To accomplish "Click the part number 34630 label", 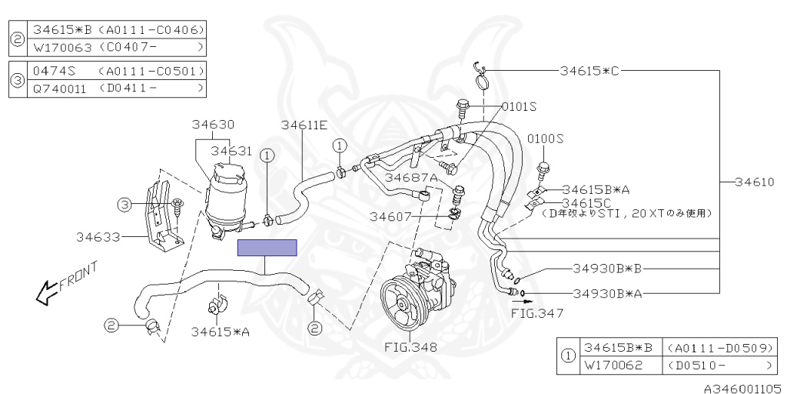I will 213,125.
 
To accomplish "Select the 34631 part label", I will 231,151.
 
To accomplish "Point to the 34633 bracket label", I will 98,236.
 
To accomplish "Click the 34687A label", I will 411,178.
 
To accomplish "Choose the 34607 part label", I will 393,216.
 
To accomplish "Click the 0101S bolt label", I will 519,105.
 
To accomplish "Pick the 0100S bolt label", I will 545,139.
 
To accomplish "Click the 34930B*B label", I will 606,269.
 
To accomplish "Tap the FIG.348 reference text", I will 410,347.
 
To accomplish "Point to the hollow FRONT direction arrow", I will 48,289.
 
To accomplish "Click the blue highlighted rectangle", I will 267,247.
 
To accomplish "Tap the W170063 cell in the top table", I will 61,47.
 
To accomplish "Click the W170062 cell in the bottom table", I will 612,365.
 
